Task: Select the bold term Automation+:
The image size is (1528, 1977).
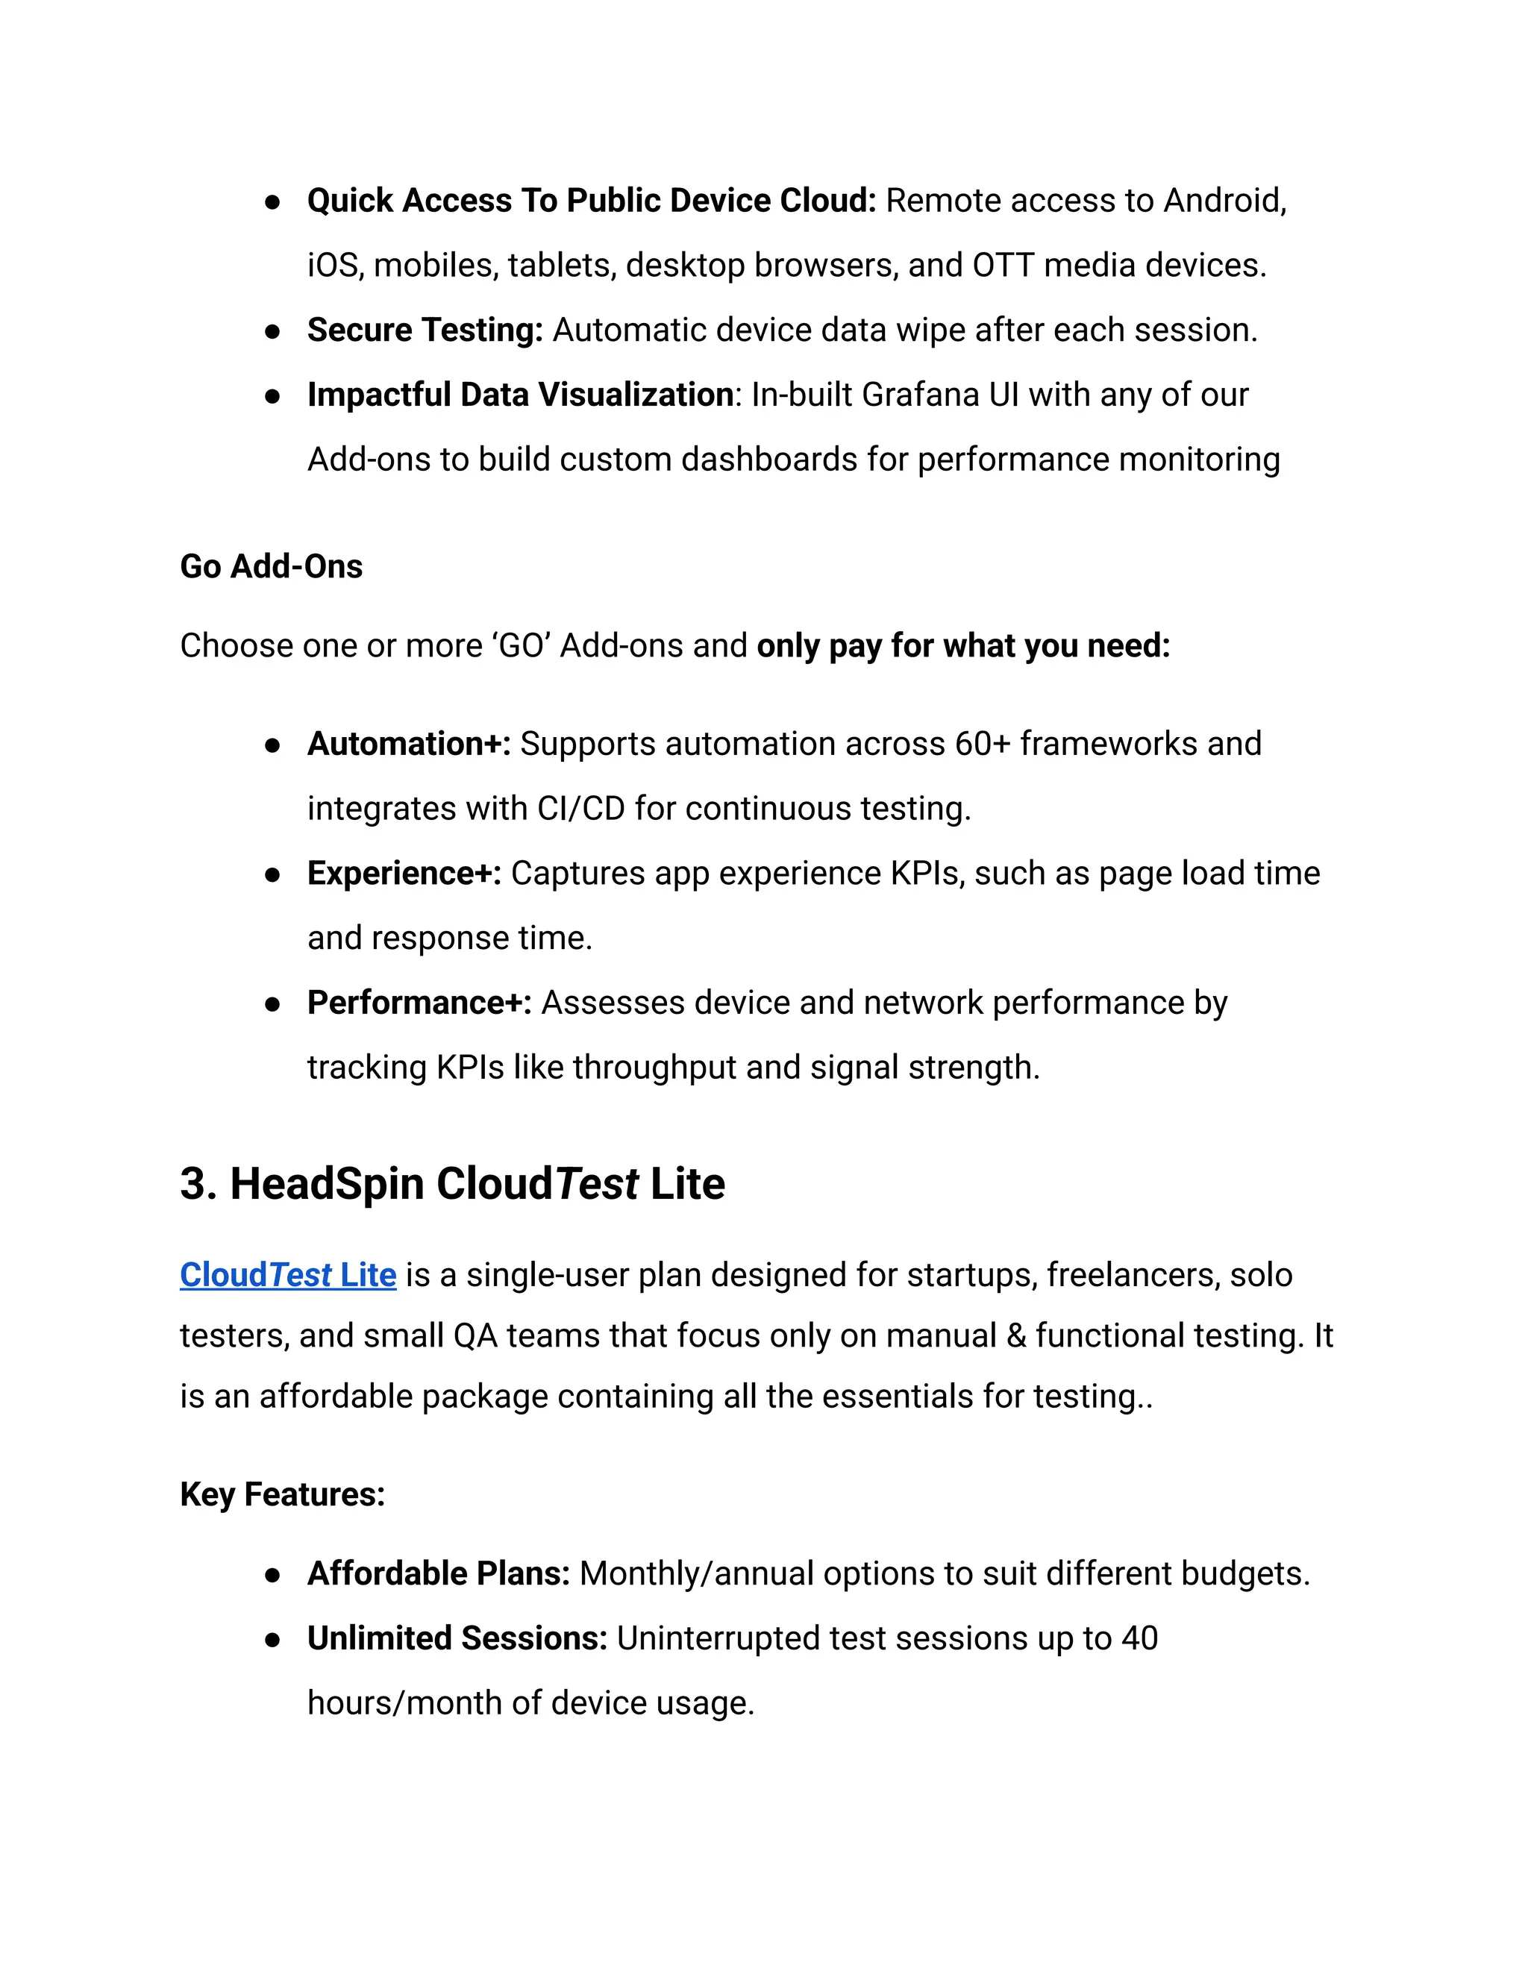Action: [409, 743]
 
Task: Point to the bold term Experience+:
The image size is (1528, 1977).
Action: [404, 873]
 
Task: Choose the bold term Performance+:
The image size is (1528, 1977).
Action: [419, 1002]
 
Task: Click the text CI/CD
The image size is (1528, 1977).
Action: [580, 809]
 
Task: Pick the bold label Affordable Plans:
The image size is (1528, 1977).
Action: [438, 1573]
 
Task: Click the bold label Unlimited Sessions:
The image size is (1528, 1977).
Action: [457, 1638]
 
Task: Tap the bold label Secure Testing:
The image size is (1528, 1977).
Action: [425, 330]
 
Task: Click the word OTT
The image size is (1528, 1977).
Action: [1003, 266]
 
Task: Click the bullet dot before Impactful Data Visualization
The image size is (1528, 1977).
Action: [272, 395]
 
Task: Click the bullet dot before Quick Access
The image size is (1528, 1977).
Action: [272, 201]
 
